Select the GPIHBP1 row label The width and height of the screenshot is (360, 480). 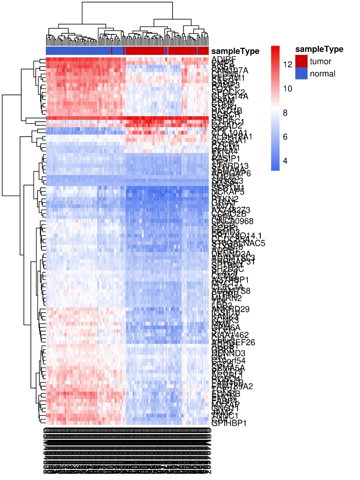pyautogui.click(x=229, y=423)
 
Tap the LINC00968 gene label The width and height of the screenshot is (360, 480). pyautogui.click(x=232, y=221)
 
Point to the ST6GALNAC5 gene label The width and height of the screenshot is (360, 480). pyautogui.click(x=238, y=244)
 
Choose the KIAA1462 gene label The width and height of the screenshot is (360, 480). pyautogui.click(x=230, y=335)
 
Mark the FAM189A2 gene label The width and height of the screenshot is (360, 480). pyautogui.click(x=232, y=386)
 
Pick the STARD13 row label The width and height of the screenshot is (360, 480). pyautogui.click(x=230, y=166)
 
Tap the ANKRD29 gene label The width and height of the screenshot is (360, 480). pyautogui.click(x=230, y=309)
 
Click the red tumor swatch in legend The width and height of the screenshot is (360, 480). pyautogui.click(x=301, y=61)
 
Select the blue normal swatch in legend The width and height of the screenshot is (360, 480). pyautogui.click(x=301, y=73)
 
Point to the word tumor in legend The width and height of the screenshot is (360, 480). pyautogui.click(x=320, y=61)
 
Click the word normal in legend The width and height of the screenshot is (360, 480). pyautogui.click(x=322, y=74)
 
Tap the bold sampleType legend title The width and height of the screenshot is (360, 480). pyautogui.click(x=319, y=49)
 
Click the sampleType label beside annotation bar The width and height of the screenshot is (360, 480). pyautogui.click(x=235, y=51)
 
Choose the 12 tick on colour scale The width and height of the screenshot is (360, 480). pyautogui.click(x=287, y=64)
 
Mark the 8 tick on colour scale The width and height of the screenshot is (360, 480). pyautogui.click(x=285, y=113)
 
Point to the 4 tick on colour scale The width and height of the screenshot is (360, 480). pyautogui.click(x=285, y=161)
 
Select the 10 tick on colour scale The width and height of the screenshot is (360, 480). pyautogui.click(x=287, y=89)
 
